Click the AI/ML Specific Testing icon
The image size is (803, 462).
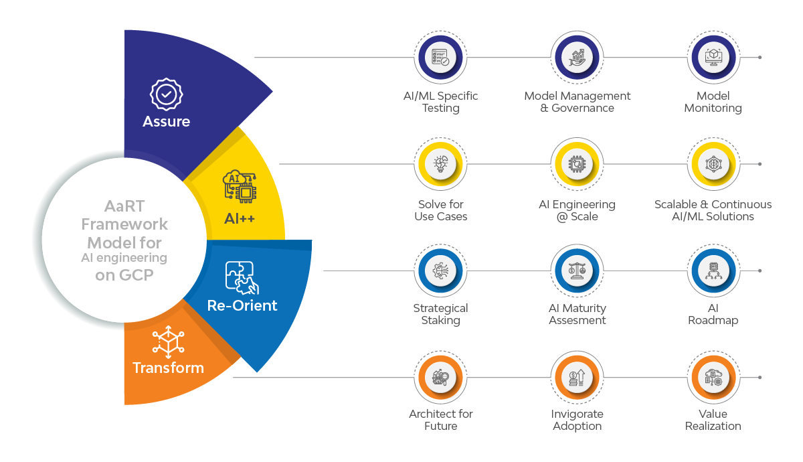coord(440,58)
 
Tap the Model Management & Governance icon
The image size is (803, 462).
coord(577,58)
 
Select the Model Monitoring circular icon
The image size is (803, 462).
coord(713,58)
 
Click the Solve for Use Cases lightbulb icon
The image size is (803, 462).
coord(440,164)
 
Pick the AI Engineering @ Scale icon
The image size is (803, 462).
coord(577,164)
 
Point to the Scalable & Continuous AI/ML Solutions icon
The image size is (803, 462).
coord(713,164)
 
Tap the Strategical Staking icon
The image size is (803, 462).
coord(440,271)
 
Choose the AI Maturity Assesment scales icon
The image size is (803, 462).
coord(577,271)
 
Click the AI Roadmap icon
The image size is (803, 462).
coord(713,271)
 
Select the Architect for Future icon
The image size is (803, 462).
coord(440,378)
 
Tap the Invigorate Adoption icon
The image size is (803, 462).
coord(577,378)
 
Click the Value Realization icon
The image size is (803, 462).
coord(713,378)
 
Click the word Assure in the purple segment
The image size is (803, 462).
coord(166,121)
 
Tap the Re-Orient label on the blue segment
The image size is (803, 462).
coord(242,306)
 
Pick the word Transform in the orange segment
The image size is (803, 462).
coord(168,368)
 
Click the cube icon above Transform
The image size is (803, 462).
coord(168,340)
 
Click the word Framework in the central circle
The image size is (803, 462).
coord(127,224)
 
